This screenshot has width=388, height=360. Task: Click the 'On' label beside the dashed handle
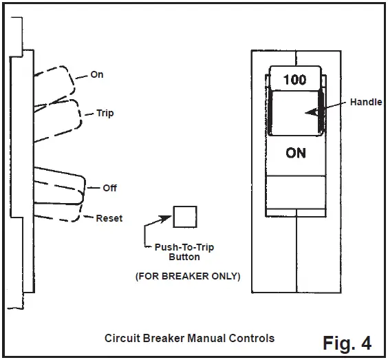coord(97,74)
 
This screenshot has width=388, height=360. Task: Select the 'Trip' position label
coord(105,113)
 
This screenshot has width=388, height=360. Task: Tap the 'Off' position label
coord(109,187)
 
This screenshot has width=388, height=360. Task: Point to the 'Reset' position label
coord(109,218)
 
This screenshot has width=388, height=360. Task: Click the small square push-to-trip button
coord(183,216)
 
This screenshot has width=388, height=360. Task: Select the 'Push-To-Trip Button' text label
coord(184,252)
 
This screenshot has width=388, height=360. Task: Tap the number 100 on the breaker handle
coord(294,80)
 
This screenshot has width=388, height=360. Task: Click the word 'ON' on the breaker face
coord(296,153)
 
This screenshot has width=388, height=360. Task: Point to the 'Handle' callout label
coord(366,101)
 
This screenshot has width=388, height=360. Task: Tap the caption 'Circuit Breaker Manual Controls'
coord(189,338)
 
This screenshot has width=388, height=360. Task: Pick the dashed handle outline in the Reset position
coord(58,207)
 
